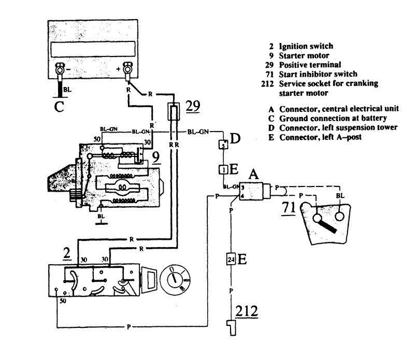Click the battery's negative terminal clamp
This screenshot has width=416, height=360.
pyautogui.click(x=59, y=71)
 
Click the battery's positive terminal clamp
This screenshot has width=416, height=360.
pyautogui.click(x=127, y=70)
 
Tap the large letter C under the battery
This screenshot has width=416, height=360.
pyautogui.click(x=59, y=107)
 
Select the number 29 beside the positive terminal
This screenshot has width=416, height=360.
pyautogui.click(x=193, y=106)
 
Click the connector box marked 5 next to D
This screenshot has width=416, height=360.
pyautogui.click(x=223, y=145)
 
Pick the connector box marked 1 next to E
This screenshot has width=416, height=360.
pyautogui.click(x=223, y=169)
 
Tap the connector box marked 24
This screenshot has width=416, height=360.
pyautogui.click(x=231, y=259)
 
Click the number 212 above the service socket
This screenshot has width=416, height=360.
pyautogui.click(x=247, y=311)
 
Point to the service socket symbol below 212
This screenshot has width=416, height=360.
pyautogui.click(x=232, y=328)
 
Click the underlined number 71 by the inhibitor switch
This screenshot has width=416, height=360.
pyautogui.click(x=289, y=208)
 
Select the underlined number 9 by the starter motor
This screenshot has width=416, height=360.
pyautogui.click(x=156, y=156)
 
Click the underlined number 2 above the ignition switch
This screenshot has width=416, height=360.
pyautogui.click(x=67, y=253)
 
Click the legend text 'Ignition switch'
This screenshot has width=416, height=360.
pyautogui.click(x=306, y=46)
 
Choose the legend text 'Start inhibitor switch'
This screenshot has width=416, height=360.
pyautogui.click(x=318, y=74)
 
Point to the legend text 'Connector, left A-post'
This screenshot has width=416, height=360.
pyautogui.click(x=320, y=137)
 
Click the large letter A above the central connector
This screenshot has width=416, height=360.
pyautogui.click(x=253, y=175)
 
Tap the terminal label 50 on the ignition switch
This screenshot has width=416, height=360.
pyautogui.click(x=63, y=301)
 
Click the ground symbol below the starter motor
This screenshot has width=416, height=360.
pyautogui.click(x=101, y=219)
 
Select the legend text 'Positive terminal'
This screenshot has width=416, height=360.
pyautogui.click(x=310, y=65)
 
